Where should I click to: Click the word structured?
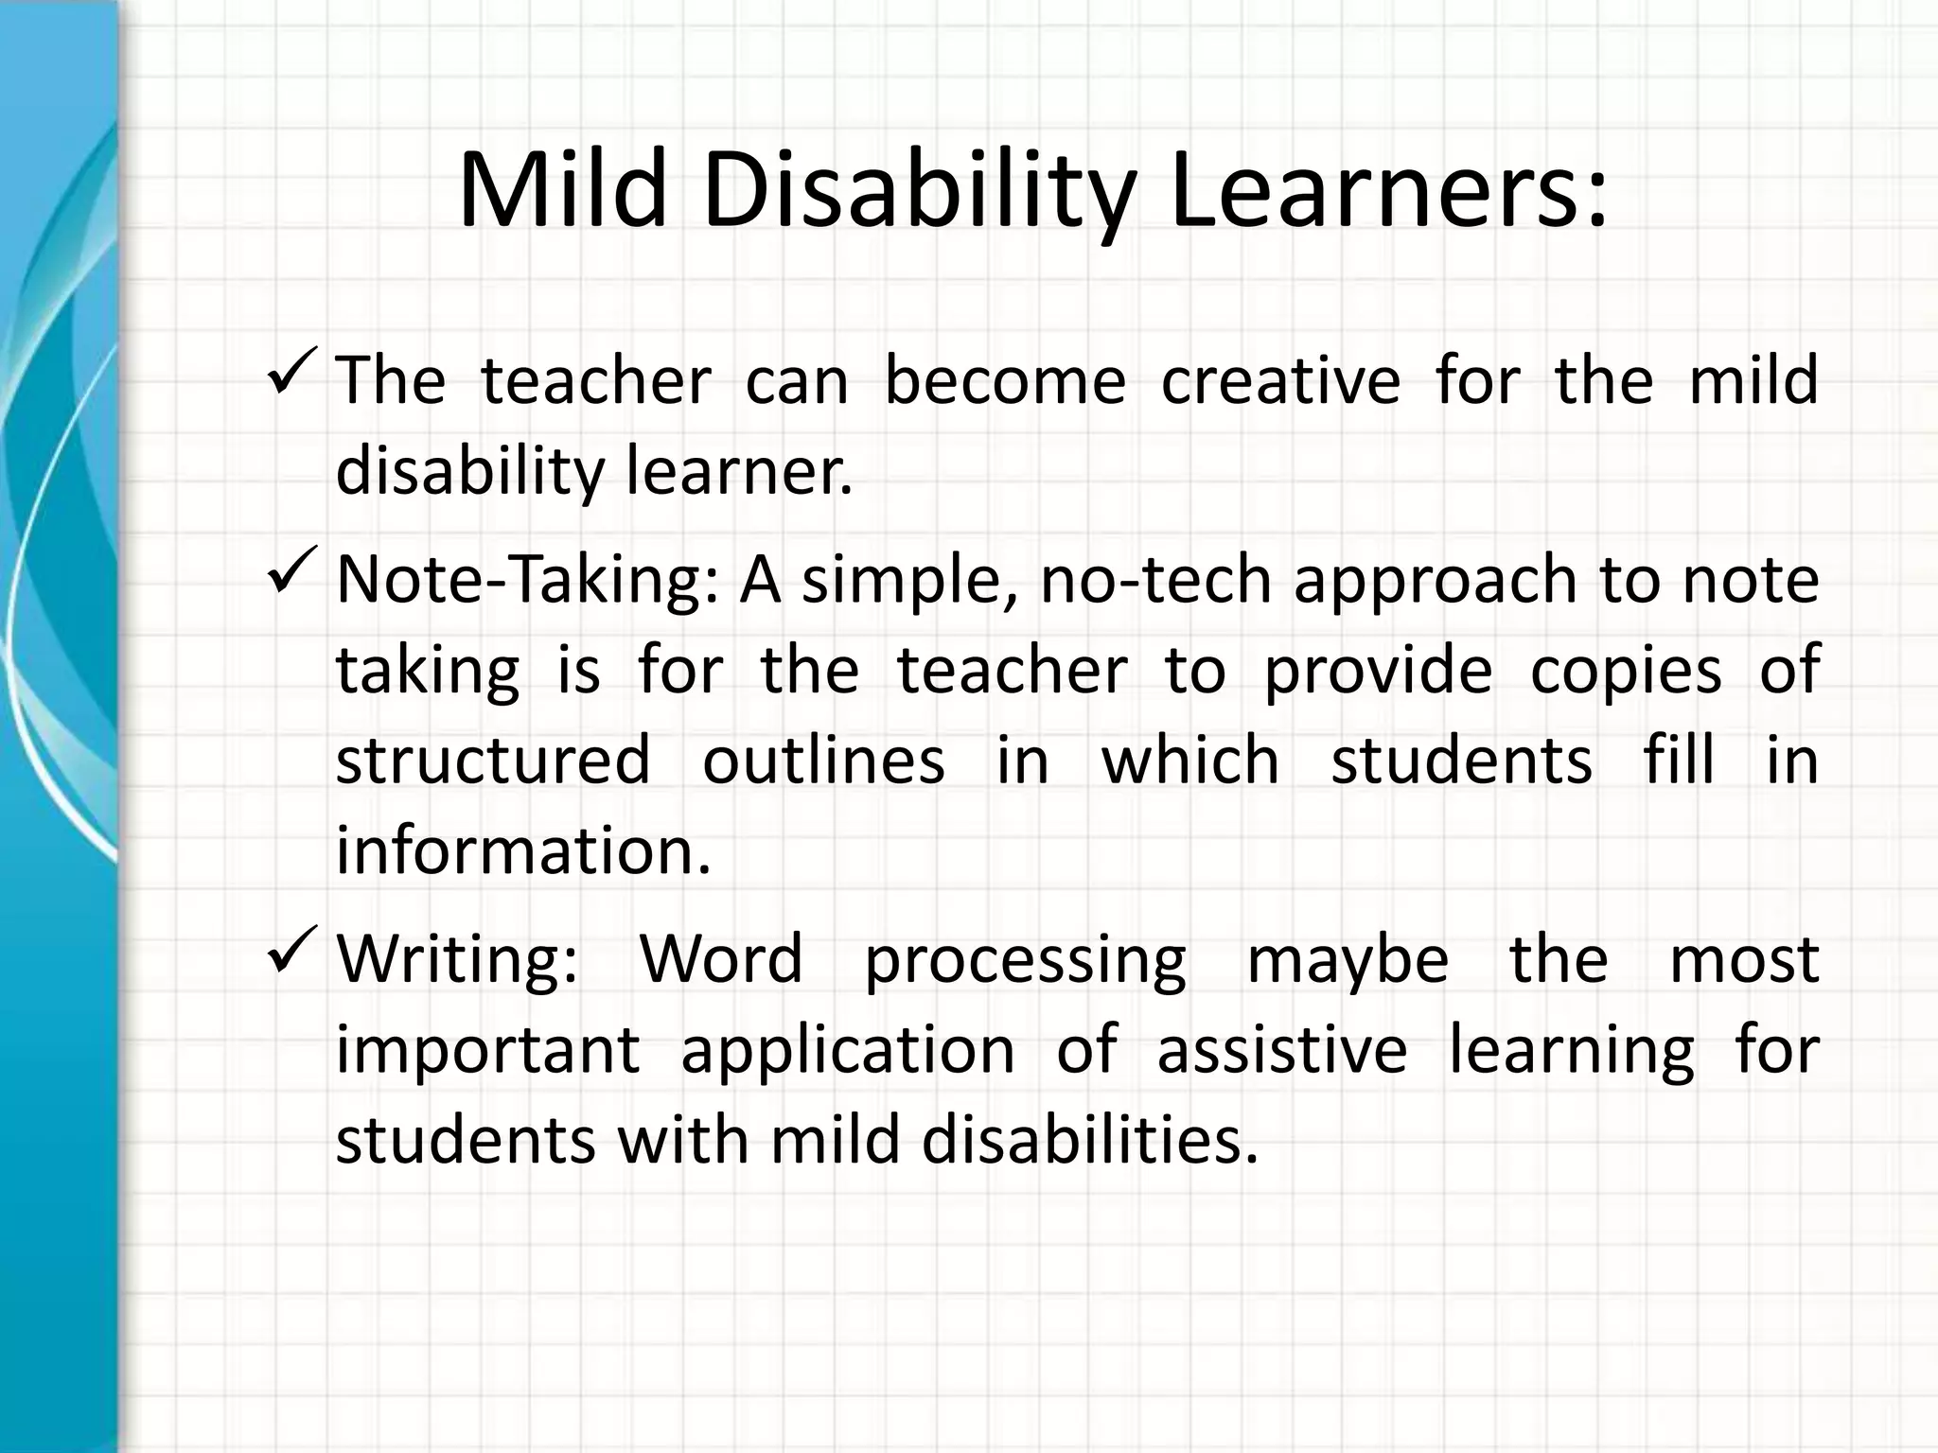[x=494, y=761]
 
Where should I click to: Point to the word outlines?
[x=823, y=761]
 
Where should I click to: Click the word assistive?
[x=1282, y=1050]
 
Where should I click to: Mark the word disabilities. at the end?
[x=1090, y=1141]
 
